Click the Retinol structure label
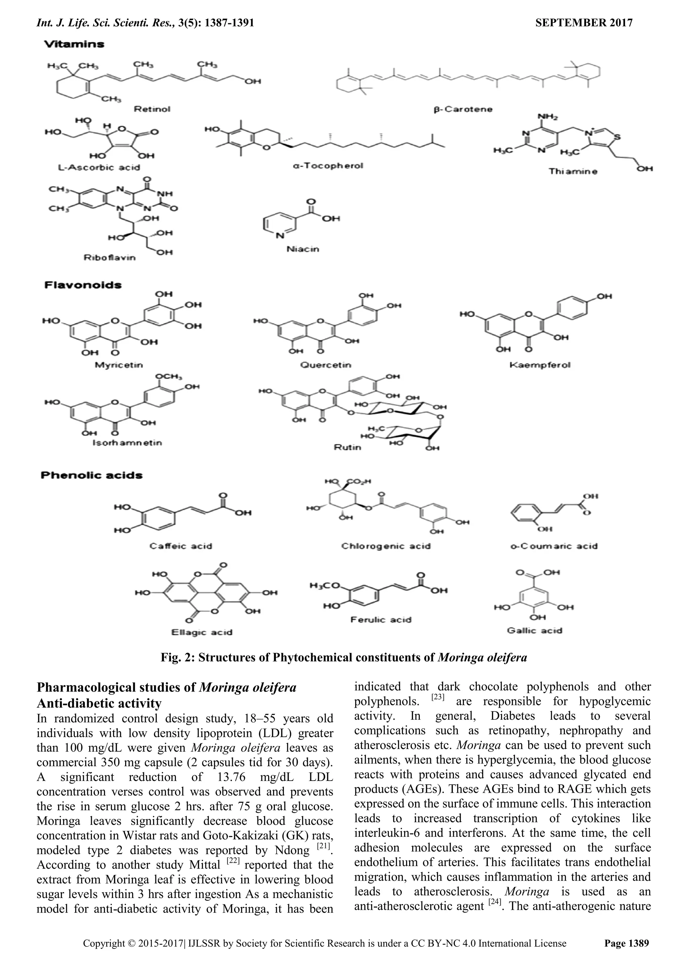152,109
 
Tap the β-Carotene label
463,109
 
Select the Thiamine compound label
573,172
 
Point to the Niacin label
302,249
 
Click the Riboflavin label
109,258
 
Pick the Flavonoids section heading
83,285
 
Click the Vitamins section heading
74,44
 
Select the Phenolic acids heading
91,475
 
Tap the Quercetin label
325,365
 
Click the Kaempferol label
540,365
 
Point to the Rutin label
348,447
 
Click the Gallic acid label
534,631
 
